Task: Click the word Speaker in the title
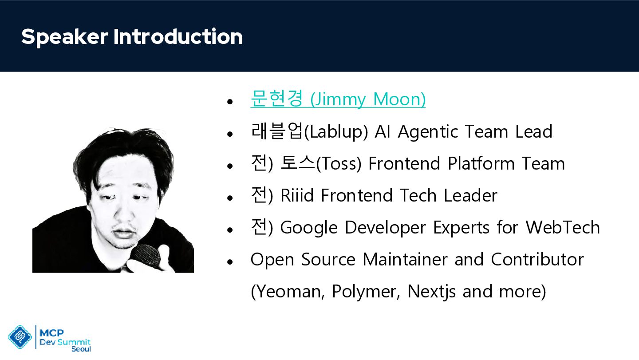tap(65, 37)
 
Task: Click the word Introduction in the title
tap(178, 36)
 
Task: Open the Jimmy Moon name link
tap(338, 99)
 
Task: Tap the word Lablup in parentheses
tap(336, 132)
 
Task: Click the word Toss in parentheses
tap(339, 164)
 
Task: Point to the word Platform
tap(481, 163)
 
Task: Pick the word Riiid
tap(297, 195)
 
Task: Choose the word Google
tap(309, 228)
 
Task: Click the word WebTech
tap(563, 227)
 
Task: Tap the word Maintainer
tap(405, 259)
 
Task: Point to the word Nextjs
tap(431, 292)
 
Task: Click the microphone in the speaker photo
tap(145, 256)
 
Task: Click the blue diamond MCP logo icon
tap(20, 336)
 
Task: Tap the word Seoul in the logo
tap(81, 349)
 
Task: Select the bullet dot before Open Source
tap(230, 262)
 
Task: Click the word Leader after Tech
tap(470, 195)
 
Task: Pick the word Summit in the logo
tap(74, 342)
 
